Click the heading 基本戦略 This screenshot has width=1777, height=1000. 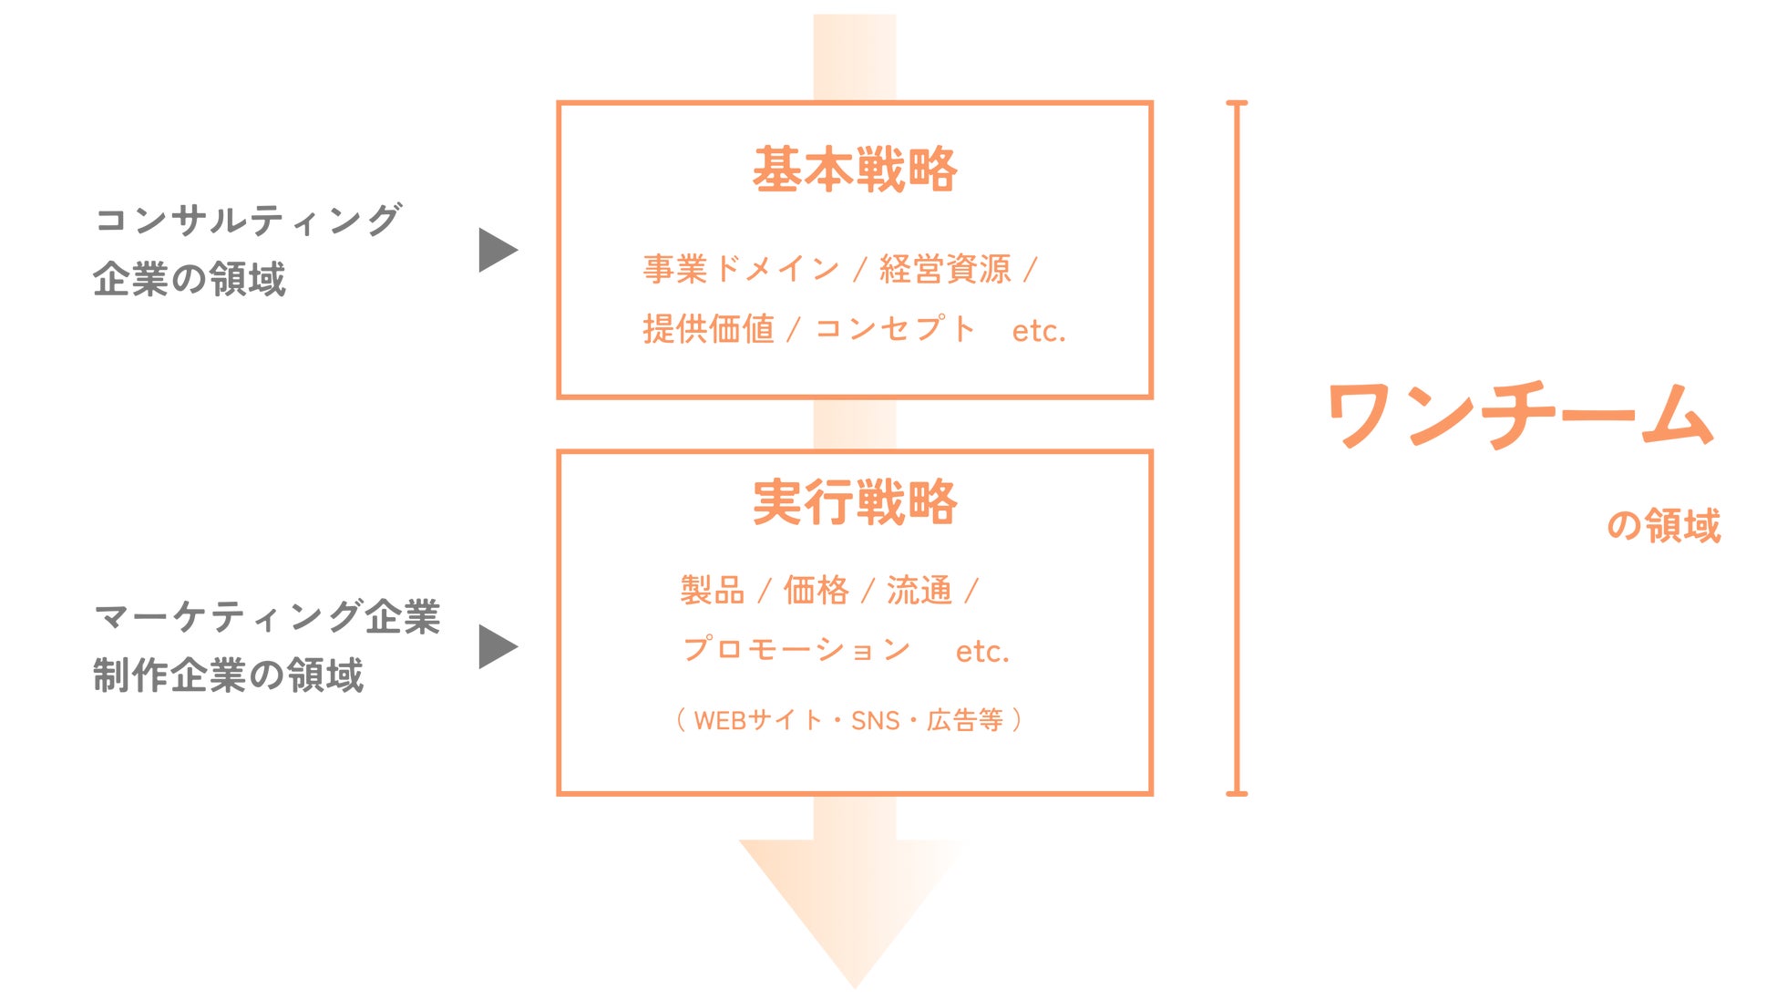pyautogui.click(x=854, y=170)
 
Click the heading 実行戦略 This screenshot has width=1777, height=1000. pyautogui.click(x=854, y=502)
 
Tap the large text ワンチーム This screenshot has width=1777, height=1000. pyautogui.click(x=1519, y=415)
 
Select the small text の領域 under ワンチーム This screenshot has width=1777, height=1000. pyautogui.click(x=1663, y=526)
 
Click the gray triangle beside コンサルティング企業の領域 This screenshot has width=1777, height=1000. pyautogui.click(x=497, y=250)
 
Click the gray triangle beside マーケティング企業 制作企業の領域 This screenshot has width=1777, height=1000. pyautogui.click(x=497, y=647)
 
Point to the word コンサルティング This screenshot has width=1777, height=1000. pyautogui.click(x=248, y=220)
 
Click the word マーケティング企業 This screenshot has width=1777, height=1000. pyautogui.click(x=267, y=617)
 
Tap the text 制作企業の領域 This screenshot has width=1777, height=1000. pyautogui.click(x=228, y=675)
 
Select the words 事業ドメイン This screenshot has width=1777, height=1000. pyautogui.click(x=741, y=269)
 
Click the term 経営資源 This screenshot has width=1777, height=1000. pyautogui.click(x=945, y=269)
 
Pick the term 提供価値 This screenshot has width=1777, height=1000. pyautogui.click(x=708, y=329)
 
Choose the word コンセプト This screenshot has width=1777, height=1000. pyautogui.click(x=894, y=329)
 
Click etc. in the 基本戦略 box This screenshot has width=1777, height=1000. pyautogui.click(x=1038, y=331)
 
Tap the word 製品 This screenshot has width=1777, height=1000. pyautogui.click(x=712, y=591)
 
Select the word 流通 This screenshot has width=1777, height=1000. pyautogui.click(x=919, y=591)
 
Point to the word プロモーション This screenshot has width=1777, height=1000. pyautogui.click(x=796, y=649)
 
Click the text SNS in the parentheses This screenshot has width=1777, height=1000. pyautogui.click(x=875, y=721)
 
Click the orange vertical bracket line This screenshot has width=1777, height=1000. pyautogui.click(x=1237, y=447)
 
